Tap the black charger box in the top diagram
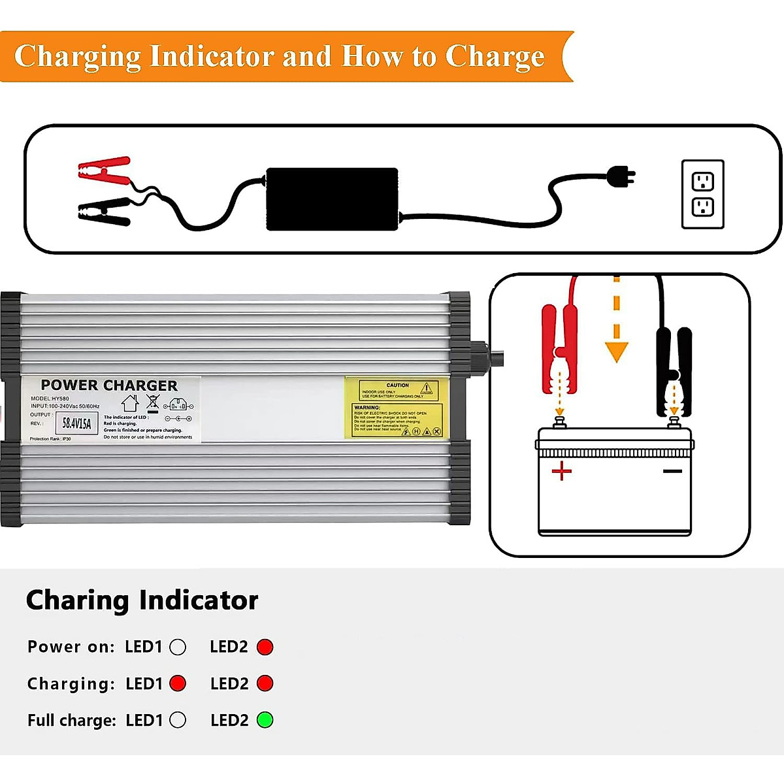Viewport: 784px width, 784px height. [x=332, y=199]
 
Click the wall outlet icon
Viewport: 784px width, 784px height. [x=702, y=194]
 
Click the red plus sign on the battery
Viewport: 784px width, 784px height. [x=561, y=470]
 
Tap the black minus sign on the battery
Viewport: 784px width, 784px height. [x=672, y=470]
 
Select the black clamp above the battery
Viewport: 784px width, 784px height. [x=674, y=369]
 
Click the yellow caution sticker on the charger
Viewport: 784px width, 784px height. [x=396, y=407]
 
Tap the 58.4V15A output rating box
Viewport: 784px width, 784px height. [x=77, y=423]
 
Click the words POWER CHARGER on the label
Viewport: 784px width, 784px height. [x=109, y=385]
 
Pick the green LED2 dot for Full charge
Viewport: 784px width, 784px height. [x=265, y=720]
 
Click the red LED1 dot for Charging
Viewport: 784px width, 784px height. [x=178, y=683]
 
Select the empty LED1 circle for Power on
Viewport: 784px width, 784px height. [x=178, y=647]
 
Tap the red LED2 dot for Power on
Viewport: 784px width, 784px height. [x=265, y=647]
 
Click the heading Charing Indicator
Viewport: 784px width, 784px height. [x=142, y=600]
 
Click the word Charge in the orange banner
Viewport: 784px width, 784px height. [x=495, y=57]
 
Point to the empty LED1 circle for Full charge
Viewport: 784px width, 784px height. [x=178, y=720]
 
